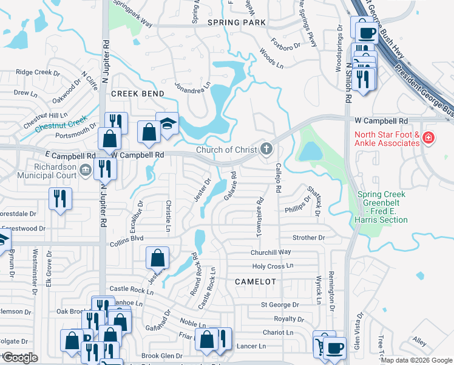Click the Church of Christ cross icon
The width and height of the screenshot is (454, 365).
pyautogui.click(x=266, y=148)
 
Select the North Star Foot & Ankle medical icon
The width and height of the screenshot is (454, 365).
pyautogui.click(x=429, y=138)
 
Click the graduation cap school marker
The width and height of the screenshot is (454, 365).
pyautogui.click(x=167, y=124)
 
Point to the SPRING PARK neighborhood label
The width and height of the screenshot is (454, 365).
pyautogui.click(x=237, y=23)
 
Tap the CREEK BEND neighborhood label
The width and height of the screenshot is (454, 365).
pyautogui.click(x=137, y=94)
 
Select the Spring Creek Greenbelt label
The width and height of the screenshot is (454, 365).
pyautogui.click(x=382, y=207)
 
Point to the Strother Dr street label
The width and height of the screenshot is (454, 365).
pyautogui.click(x=308, y=237)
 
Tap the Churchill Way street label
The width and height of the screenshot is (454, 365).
pyautogui.click(x=271, y=252)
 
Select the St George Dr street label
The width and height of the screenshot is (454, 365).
pyautogui.click(x=280, y=304)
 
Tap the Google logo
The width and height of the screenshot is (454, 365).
pyautogui.click(x=20, y=358)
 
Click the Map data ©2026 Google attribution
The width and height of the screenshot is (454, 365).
pyautogui.click(x=416, y=360)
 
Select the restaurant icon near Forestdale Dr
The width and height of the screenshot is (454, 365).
pyautogui.click(x=61, y=198)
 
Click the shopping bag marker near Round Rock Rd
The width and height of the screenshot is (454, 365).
pyautogui.click(x=157, y=258)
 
